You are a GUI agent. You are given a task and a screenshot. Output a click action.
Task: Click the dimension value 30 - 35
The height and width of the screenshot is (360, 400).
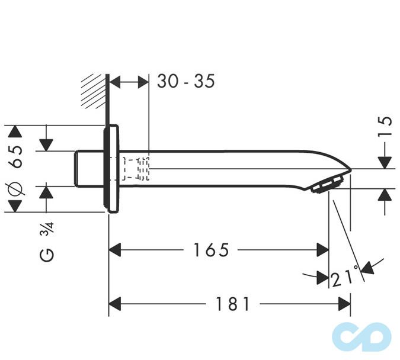[x=185, y=82]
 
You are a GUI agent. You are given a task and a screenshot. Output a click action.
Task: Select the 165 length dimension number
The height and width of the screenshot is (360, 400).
[x=210, y=250]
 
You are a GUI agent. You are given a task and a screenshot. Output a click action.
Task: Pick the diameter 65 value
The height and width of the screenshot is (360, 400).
[x=15, y=156]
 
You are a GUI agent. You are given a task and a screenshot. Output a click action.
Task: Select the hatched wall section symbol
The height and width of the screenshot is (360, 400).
[x=94, y=91]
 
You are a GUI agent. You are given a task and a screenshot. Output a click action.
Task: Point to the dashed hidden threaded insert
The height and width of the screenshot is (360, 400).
[x=136, y=169]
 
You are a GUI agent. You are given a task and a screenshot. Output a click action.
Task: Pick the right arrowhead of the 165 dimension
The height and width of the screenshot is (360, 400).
[x=323, y=250]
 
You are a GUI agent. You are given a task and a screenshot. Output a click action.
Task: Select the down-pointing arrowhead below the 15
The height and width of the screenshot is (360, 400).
[x=385, y=162]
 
